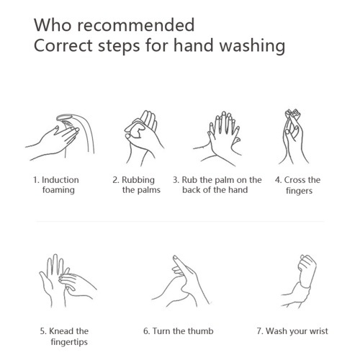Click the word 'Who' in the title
53,25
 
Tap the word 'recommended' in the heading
135,25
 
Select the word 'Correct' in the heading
63,45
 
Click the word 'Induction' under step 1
60,180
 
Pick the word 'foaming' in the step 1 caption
58,190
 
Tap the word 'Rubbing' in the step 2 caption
138,180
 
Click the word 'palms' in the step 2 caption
148,190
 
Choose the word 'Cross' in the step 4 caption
295,180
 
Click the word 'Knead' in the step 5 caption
58,331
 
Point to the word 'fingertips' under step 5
69,342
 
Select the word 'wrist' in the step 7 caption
318,331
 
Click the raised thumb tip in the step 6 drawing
175,257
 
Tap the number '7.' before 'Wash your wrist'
260,331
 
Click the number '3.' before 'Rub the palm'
176,180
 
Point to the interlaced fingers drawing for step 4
293,137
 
